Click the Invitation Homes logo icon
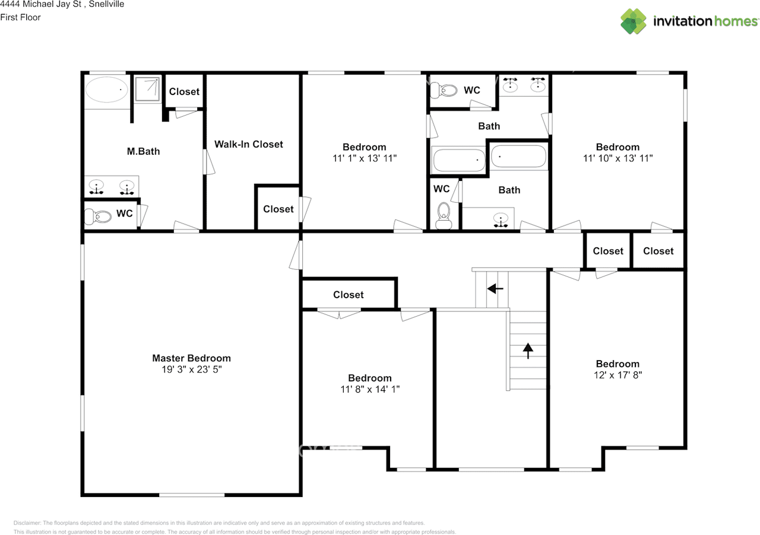tap(634, 21)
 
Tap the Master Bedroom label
tap(191, 358)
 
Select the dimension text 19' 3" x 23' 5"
tap(191, 370)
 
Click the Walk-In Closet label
tap(248, 144)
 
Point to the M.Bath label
tap(144, 151)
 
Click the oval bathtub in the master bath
tap(106, 90)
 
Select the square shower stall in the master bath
tap(146, 89)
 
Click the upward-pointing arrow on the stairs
tap(527, 351)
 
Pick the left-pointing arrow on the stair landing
tap(495, 289)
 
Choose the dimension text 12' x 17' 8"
tap(617, 375)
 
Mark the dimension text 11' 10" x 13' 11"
tap(617, 158)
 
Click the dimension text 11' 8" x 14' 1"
tap(369, 390)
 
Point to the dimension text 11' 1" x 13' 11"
tap(364, 158)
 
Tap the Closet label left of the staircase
tap(348, 295)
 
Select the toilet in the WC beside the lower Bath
tap(444, 216)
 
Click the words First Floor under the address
tap(21, 17)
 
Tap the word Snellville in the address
tap(102, 4)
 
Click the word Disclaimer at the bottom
tap(27, 523)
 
